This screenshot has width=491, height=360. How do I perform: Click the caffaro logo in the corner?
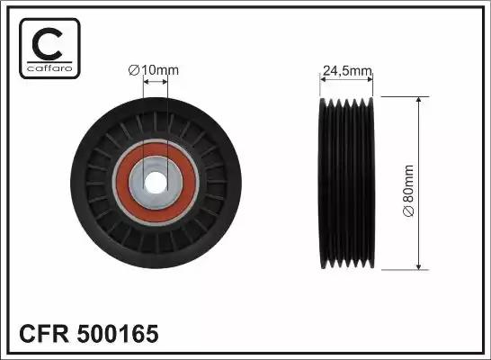[49, 48]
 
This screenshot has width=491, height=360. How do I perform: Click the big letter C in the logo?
[49, 40]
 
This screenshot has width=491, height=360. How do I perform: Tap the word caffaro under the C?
[49, 68]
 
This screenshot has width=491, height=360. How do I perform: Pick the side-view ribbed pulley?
[346, 184]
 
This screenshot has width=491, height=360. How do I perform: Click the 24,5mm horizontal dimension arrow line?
[346, 79]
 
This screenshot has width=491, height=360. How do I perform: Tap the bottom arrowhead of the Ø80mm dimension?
[418, 266]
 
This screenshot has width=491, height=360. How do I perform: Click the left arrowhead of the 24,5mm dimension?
[324, 79]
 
